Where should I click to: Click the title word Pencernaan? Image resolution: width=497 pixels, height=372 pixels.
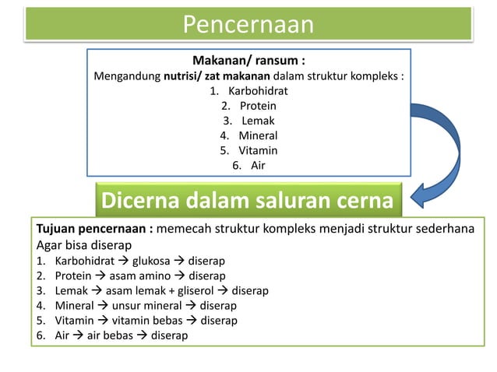tap(248, 25)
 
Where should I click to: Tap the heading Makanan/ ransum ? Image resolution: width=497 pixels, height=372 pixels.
tap(248, 61)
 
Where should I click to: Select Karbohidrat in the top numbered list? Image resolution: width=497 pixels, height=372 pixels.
tap(257, 90)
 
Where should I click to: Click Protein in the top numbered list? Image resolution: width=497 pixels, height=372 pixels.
tap(258, 105)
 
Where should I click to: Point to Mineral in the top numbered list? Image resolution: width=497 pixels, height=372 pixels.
tap(258, 135)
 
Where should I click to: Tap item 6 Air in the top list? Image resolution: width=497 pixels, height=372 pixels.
tap(257, 165)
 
